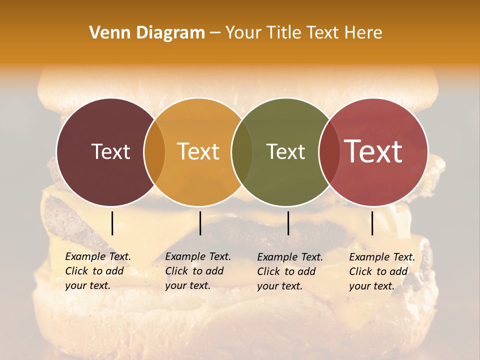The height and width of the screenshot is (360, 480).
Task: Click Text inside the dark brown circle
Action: coord(110,151)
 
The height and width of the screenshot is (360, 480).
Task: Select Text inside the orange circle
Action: coord(198,151)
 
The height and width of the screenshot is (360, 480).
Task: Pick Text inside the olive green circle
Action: coord(285,151)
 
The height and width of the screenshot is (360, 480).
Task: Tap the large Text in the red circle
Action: coord(373,151)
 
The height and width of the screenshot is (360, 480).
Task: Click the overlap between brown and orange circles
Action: coord(154,152)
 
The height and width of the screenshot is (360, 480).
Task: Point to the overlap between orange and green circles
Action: coord(242,152)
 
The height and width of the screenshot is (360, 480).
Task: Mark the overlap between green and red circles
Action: coord(329,152)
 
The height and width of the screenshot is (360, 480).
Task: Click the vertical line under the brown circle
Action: coord(112,223)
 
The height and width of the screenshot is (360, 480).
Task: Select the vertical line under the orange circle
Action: coord(200,223)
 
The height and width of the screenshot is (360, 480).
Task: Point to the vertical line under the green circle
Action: coord(288,223)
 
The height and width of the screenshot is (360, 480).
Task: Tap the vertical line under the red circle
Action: coord(372,223)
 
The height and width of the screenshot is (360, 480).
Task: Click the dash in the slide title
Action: coord(215,33)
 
